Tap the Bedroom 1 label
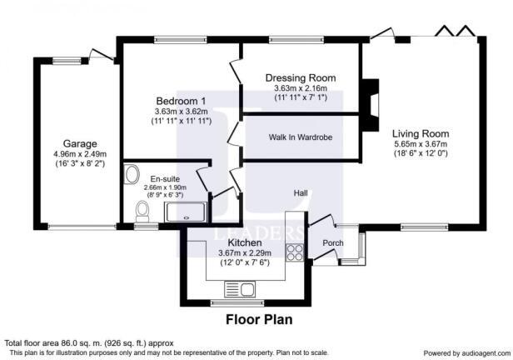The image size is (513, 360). point(180,101)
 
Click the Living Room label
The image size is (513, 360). point(421,133)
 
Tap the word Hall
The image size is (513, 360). point(301,193)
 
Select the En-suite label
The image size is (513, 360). point(164,178)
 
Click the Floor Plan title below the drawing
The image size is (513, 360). point(259,319)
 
